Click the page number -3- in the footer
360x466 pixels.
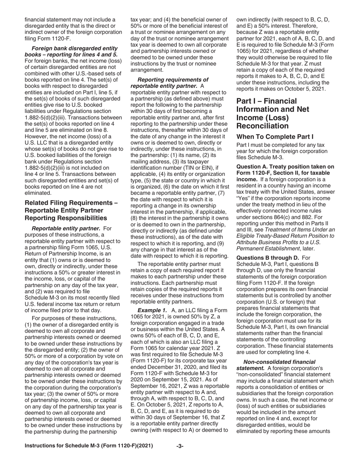(x=180, y=446)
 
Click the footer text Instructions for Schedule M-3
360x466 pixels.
(x=89, y=446)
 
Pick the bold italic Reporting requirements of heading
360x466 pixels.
(x=173, y=80)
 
